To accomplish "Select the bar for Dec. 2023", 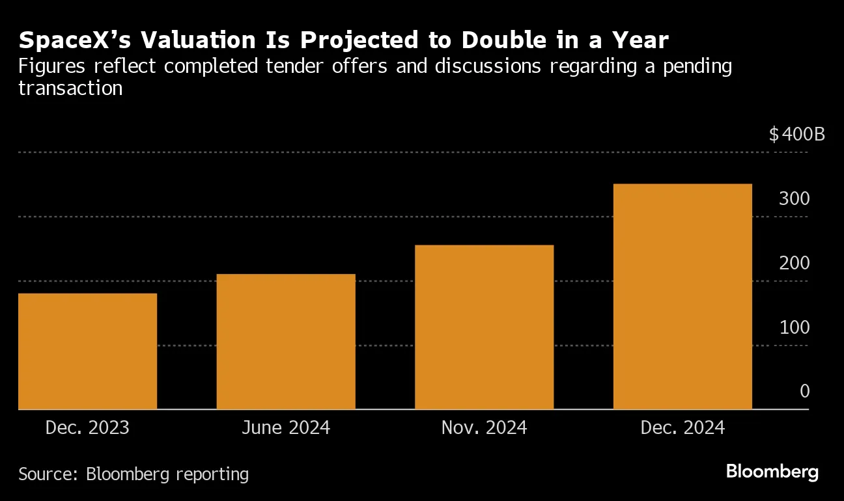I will (87, 351).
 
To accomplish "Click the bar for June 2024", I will (286, 342).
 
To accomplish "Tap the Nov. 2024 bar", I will (484, 327).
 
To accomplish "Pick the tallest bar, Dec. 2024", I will (682, 297).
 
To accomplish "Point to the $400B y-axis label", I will (796, 135).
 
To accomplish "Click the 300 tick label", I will (794, 198).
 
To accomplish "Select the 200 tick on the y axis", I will (794, 263).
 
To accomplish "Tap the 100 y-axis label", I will (794, 327).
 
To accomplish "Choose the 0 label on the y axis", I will (804, 391).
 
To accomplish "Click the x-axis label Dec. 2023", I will (87, 428).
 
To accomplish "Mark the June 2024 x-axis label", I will (286, 428).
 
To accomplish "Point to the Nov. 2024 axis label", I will (484, 428).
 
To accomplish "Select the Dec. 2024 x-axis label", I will (682, 428).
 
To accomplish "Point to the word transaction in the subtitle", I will (70, 88).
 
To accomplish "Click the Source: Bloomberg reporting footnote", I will (134, 474).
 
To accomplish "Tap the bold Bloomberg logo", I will (772, 472).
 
